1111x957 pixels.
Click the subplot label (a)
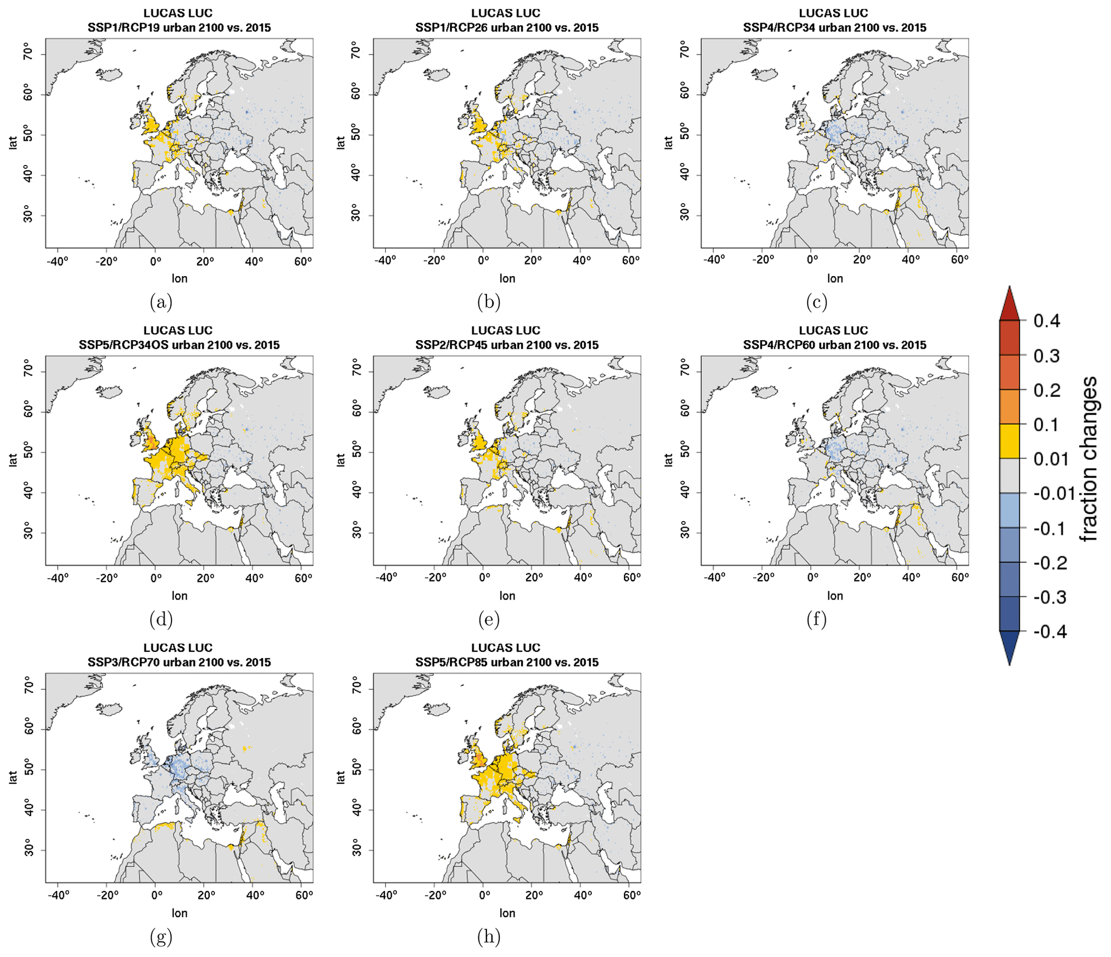pyautogui.click(x=161, y=303)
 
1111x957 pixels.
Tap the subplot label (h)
pyautogui.click(x=489, y=937)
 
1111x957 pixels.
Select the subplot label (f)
pyautogui.click(x=816, y=620)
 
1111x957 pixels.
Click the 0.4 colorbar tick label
pyautogui.click(x=1047, y=321)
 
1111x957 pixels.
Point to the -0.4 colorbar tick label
pyautogui.click(x=1050, y=631)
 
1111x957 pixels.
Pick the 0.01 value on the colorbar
pyautogui.click(x=1051, y=459)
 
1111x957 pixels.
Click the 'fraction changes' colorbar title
pyautogui.click(x=1088, y=459)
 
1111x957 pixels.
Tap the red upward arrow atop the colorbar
pyautogui.click(x=1009, y=304)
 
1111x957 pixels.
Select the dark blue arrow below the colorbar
pyautogui.click(x=1009, y=647)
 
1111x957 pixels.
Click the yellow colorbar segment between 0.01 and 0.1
pyautogui.click(x=1009, y=441)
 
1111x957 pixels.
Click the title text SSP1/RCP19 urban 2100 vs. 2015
pyautogui.click(x=179, y=27)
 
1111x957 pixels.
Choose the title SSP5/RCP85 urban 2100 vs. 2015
pyautogui.click(x=506, y=662)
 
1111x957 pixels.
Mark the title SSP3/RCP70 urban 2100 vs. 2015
pyautogui.click(x=179, y=662)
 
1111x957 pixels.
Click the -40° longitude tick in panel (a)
pyautogui.click(x=58, y=261)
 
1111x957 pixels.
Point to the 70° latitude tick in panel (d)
pyautogui.click(x=28, y=371)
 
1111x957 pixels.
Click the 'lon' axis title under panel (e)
pyautogui.click(x=507, y=595)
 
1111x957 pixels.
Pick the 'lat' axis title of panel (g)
pyautogui.click(x=12, y=777)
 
